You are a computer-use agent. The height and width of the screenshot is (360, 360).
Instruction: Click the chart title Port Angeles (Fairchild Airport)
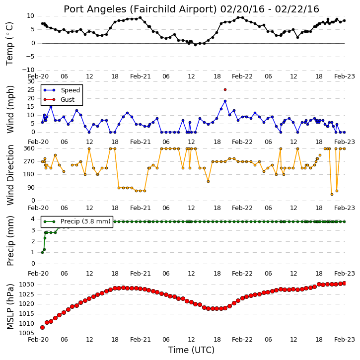click(x=140, y=9)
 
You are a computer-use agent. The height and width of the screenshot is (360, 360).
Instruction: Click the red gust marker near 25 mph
click(x=225, y=89)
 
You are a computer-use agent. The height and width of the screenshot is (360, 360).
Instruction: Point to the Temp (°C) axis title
click(x=9, y=43)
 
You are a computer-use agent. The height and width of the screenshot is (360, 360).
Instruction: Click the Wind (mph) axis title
click(x=10, y=109)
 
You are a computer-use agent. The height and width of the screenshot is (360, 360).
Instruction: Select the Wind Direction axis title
click(x=10, y=175)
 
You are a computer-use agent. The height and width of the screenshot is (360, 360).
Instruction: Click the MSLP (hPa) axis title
click(x=10, y=306)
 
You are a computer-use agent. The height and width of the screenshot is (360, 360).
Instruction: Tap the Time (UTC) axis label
click(x=191, y=350)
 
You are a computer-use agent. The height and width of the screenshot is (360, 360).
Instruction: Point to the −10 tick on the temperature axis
click(x=28, y=70)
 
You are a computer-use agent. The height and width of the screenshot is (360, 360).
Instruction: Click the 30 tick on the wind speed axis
click(x=31, y=81)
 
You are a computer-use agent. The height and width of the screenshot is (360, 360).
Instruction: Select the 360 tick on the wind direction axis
click(x=29, y=148)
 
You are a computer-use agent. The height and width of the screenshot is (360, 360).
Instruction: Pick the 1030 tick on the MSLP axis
click(x=26, y=285)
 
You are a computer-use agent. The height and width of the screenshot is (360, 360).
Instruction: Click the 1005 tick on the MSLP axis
click(x=26, y=333)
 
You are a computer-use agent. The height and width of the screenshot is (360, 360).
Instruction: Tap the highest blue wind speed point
click(x=225, y=101)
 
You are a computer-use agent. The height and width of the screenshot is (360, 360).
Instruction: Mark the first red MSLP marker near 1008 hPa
click(x=42, y=327)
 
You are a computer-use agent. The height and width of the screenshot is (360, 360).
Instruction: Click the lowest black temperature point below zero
click(x=195, y=45)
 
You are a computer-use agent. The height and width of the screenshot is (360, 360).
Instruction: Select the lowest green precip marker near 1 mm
click(x=42, y=253)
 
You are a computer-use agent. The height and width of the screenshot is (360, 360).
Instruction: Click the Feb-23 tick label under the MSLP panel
click(x=345, y=339)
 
